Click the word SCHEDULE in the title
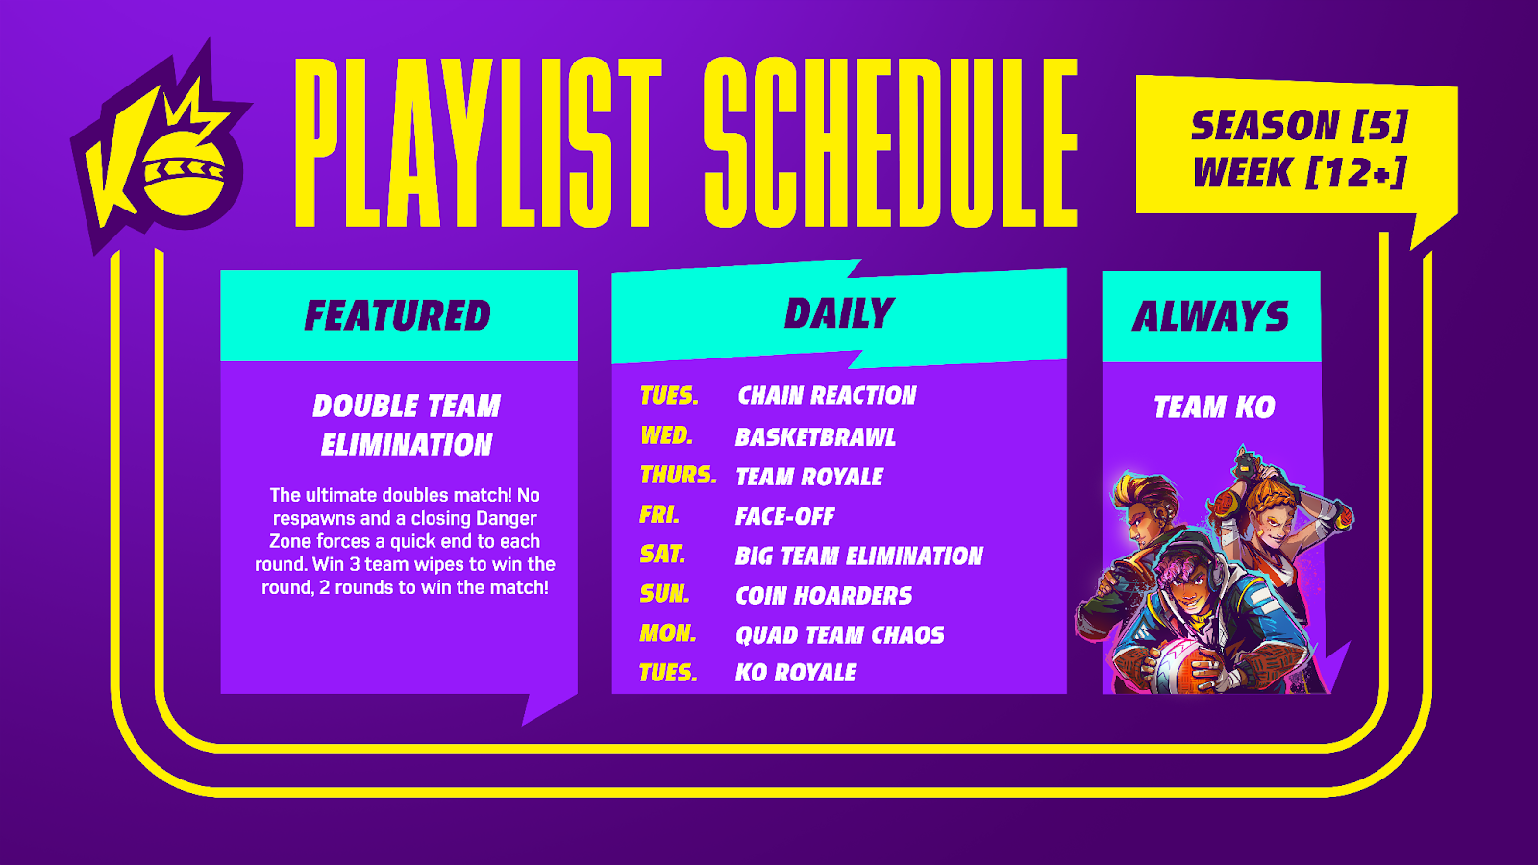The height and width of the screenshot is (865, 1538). [x=890, y=142]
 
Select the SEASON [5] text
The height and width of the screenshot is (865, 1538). [x=1300, y=126]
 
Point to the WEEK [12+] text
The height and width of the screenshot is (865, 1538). [x=1300, y=172]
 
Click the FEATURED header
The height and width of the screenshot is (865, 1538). [x=398, y=316]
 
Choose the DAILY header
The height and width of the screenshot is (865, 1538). [x=839, y=313]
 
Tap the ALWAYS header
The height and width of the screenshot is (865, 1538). [x=1210, y=316]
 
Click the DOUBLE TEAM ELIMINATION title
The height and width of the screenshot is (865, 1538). [x=407, y=425]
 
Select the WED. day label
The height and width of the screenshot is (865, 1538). [x=667, y=435]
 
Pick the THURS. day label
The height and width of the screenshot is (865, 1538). [x=679, y=475]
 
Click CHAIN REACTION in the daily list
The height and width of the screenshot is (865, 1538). [x=827, y=395]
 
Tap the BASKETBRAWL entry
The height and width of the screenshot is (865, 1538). [x=815, y=437]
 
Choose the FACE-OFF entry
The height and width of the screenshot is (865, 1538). [x=784, y=516]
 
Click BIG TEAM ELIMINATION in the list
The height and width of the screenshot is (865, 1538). [x=859, y=556]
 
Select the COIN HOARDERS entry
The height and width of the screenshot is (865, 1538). [x=824, y=596]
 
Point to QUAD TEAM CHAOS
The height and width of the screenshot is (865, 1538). [x=840, y=635]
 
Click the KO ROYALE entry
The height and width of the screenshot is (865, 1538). [x=796, y=673]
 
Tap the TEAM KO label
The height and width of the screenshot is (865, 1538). [x=1214, y=408]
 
